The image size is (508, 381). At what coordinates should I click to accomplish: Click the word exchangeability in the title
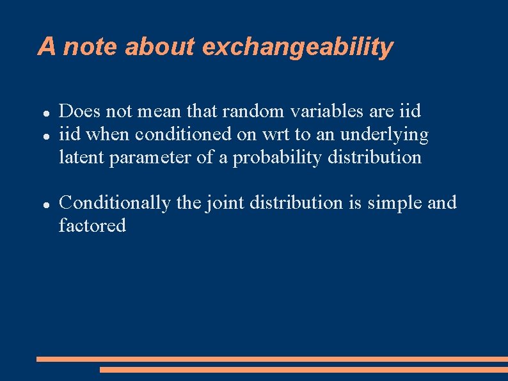298,47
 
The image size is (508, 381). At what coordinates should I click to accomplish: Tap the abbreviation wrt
273,134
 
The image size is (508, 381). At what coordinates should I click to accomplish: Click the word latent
81,157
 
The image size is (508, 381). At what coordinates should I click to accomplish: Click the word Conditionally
114,203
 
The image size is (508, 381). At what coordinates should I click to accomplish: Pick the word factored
92,225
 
